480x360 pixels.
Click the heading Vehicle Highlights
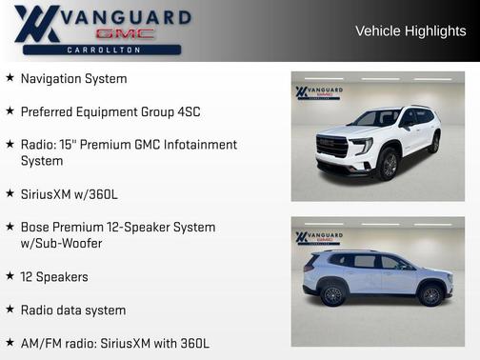[410, 30]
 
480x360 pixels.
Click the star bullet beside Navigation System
[10, 78]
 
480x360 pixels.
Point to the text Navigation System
[73, 78]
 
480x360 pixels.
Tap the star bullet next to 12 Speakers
[10, 276]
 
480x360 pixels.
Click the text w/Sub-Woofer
[61, 243]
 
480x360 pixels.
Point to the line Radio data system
[73, 310]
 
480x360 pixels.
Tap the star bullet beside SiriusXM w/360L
[10, 194]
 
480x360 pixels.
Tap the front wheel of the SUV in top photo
[389, 163]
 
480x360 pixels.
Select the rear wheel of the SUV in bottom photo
[333, 294]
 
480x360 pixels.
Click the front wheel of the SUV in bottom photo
[430, 295]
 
